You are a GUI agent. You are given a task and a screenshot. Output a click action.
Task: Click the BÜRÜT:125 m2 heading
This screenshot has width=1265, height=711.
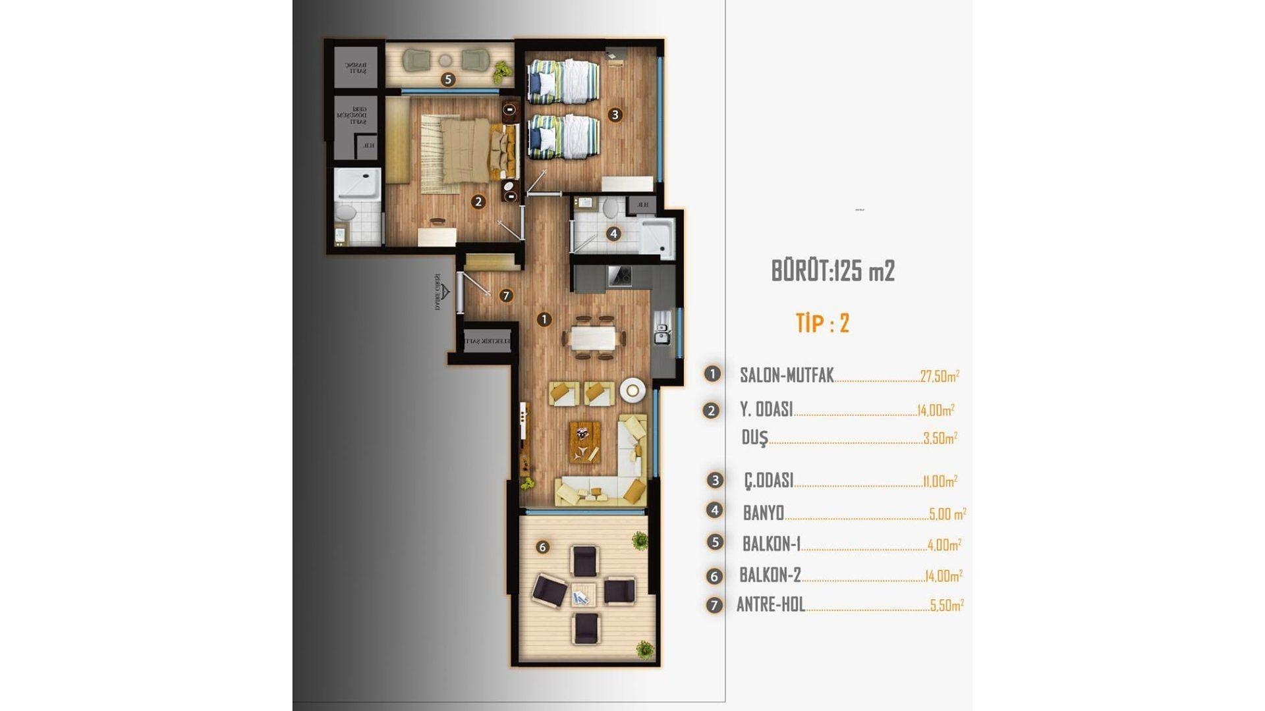pyautogui.click(x=833, y=271)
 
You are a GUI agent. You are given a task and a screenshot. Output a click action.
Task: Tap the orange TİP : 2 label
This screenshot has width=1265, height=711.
pyautogui.click(x=822, y=323)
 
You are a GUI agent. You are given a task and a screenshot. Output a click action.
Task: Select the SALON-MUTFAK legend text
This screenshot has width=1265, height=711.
pyautogui.click(x=787, y=375)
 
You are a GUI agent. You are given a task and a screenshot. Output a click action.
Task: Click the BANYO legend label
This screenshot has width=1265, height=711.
pyautogui.click(x=763, y=512)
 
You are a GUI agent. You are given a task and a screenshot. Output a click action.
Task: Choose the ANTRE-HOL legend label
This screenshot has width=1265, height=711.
pyautogui.click(x=771, y=604)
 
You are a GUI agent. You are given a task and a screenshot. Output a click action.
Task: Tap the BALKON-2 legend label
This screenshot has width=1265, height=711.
pyautogui.click(x=770, y=575)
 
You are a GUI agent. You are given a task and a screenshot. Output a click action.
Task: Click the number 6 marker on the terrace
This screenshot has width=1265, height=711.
pyautogui.click(x=542, y=547)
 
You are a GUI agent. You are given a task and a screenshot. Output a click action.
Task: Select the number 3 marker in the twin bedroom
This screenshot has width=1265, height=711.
pyautogui.click(x=615, y=115)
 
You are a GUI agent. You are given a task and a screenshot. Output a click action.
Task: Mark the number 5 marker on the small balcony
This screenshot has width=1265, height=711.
pyautogui.click(x=448, y=80)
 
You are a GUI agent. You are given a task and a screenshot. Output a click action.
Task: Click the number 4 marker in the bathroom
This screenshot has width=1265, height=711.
pyautogui.click(x=613, y=233)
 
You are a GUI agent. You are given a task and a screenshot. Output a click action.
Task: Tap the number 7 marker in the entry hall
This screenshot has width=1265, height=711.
pyautogui.click(x=506, y=296)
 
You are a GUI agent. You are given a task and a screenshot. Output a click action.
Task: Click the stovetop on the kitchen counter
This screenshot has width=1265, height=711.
pyautogui.click(x=619, y=276)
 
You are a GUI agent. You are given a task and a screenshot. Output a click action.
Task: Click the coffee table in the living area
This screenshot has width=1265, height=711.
pyautogui.click(x=585, y=441)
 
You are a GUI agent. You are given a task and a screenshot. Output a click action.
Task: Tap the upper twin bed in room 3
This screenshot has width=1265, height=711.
pyautogui.click(x=563, y=82)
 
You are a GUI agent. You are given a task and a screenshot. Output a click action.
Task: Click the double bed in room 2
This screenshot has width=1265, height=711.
pyautogui.click(x=464, y=150)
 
